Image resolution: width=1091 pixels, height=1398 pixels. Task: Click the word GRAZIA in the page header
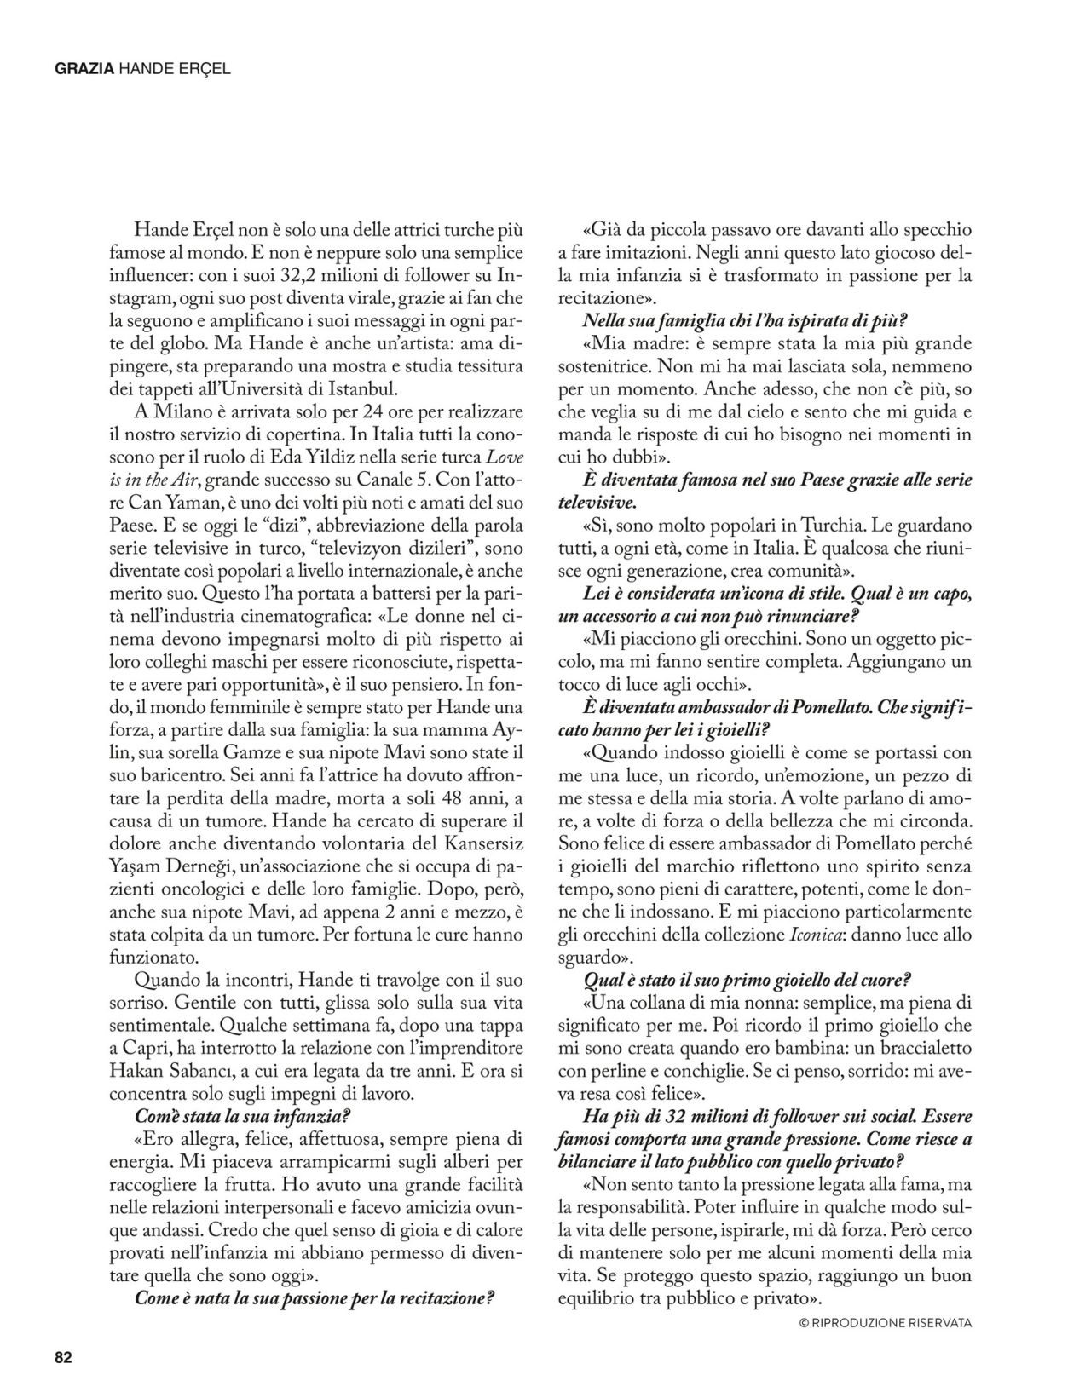click(84, 70)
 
